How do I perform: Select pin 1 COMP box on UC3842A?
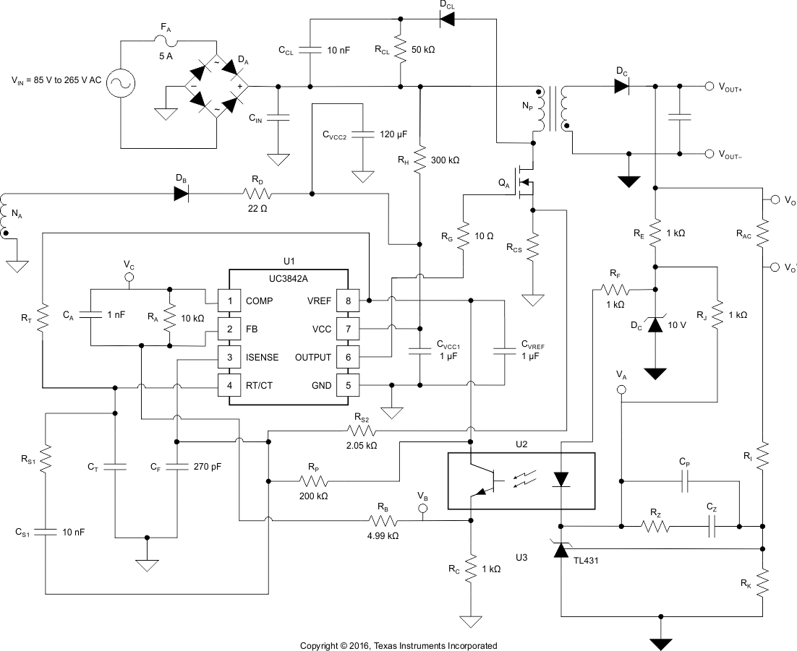tap(230, 301)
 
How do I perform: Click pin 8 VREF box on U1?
tap(348, 301)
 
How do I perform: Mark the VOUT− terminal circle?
tap(709, 154)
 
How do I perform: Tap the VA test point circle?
tap(621, 390)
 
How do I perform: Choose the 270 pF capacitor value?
tap(207, 467)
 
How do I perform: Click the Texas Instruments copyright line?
tap(399, 645)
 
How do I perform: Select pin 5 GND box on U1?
tap(348, 386)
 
